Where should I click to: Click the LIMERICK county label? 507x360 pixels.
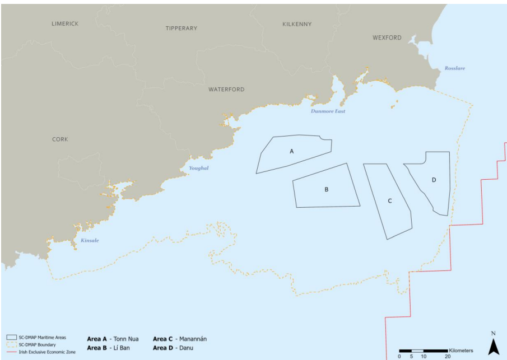(x=65, y=24)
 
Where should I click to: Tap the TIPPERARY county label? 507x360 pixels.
(x=182, y=28)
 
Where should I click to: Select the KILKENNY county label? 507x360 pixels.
(x=296, y=24)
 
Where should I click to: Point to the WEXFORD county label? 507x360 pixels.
(x=387, y=38)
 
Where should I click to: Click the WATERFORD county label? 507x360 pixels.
(x=226, y=90)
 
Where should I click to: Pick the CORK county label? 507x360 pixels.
(x=60, y=139)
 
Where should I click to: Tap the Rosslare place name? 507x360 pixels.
(x=454, y=68)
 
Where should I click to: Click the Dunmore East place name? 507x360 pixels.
(x=328, y=111)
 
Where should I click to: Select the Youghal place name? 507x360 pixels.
(x=198, y=168)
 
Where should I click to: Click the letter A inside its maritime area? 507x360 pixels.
(x=291, y=151)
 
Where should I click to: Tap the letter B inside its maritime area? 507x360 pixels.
(x=326, y=189)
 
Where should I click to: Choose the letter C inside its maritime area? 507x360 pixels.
(x=389, y=200)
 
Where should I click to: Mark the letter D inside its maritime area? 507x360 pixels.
(x=434, y=180)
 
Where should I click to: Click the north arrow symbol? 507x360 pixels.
(x=493, y=345)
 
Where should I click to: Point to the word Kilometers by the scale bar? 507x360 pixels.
(x=461, y=350)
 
